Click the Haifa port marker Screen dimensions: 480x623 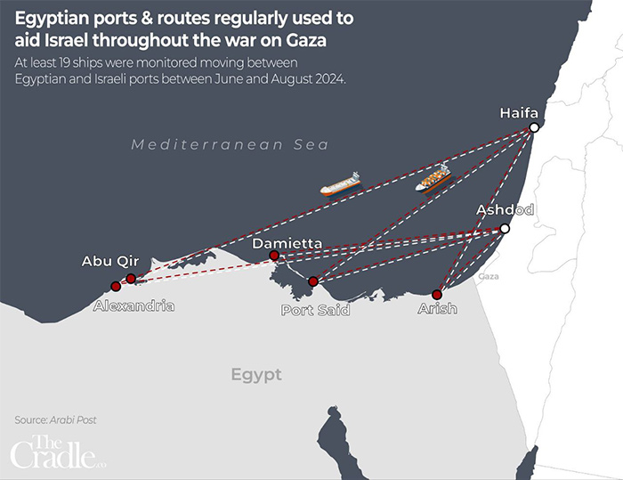click(534, 128)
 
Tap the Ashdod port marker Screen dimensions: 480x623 click(505, 229)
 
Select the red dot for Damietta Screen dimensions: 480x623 click(274, 256)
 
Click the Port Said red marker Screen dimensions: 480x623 click(312, 281)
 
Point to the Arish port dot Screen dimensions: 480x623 click(437, 295)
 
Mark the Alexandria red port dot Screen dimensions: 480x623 click(115, 287)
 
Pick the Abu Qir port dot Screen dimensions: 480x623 click(131, 279)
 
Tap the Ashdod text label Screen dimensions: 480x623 click(505, 210)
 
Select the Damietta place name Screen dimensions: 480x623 click(287, 243)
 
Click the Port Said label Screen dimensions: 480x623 click(315, 310)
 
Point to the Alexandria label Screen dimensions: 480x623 click(133, 305)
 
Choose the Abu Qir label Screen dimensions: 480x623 click(109, 261)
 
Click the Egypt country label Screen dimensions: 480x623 click(255, 375)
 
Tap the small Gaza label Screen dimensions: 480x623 click(488, 277)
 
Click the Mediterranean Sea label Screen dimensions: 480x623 click(230, 144)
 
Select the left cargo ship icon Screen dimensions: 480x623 click(340, 184)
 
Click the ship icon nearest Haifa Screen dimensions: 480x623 click(433, 178)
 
